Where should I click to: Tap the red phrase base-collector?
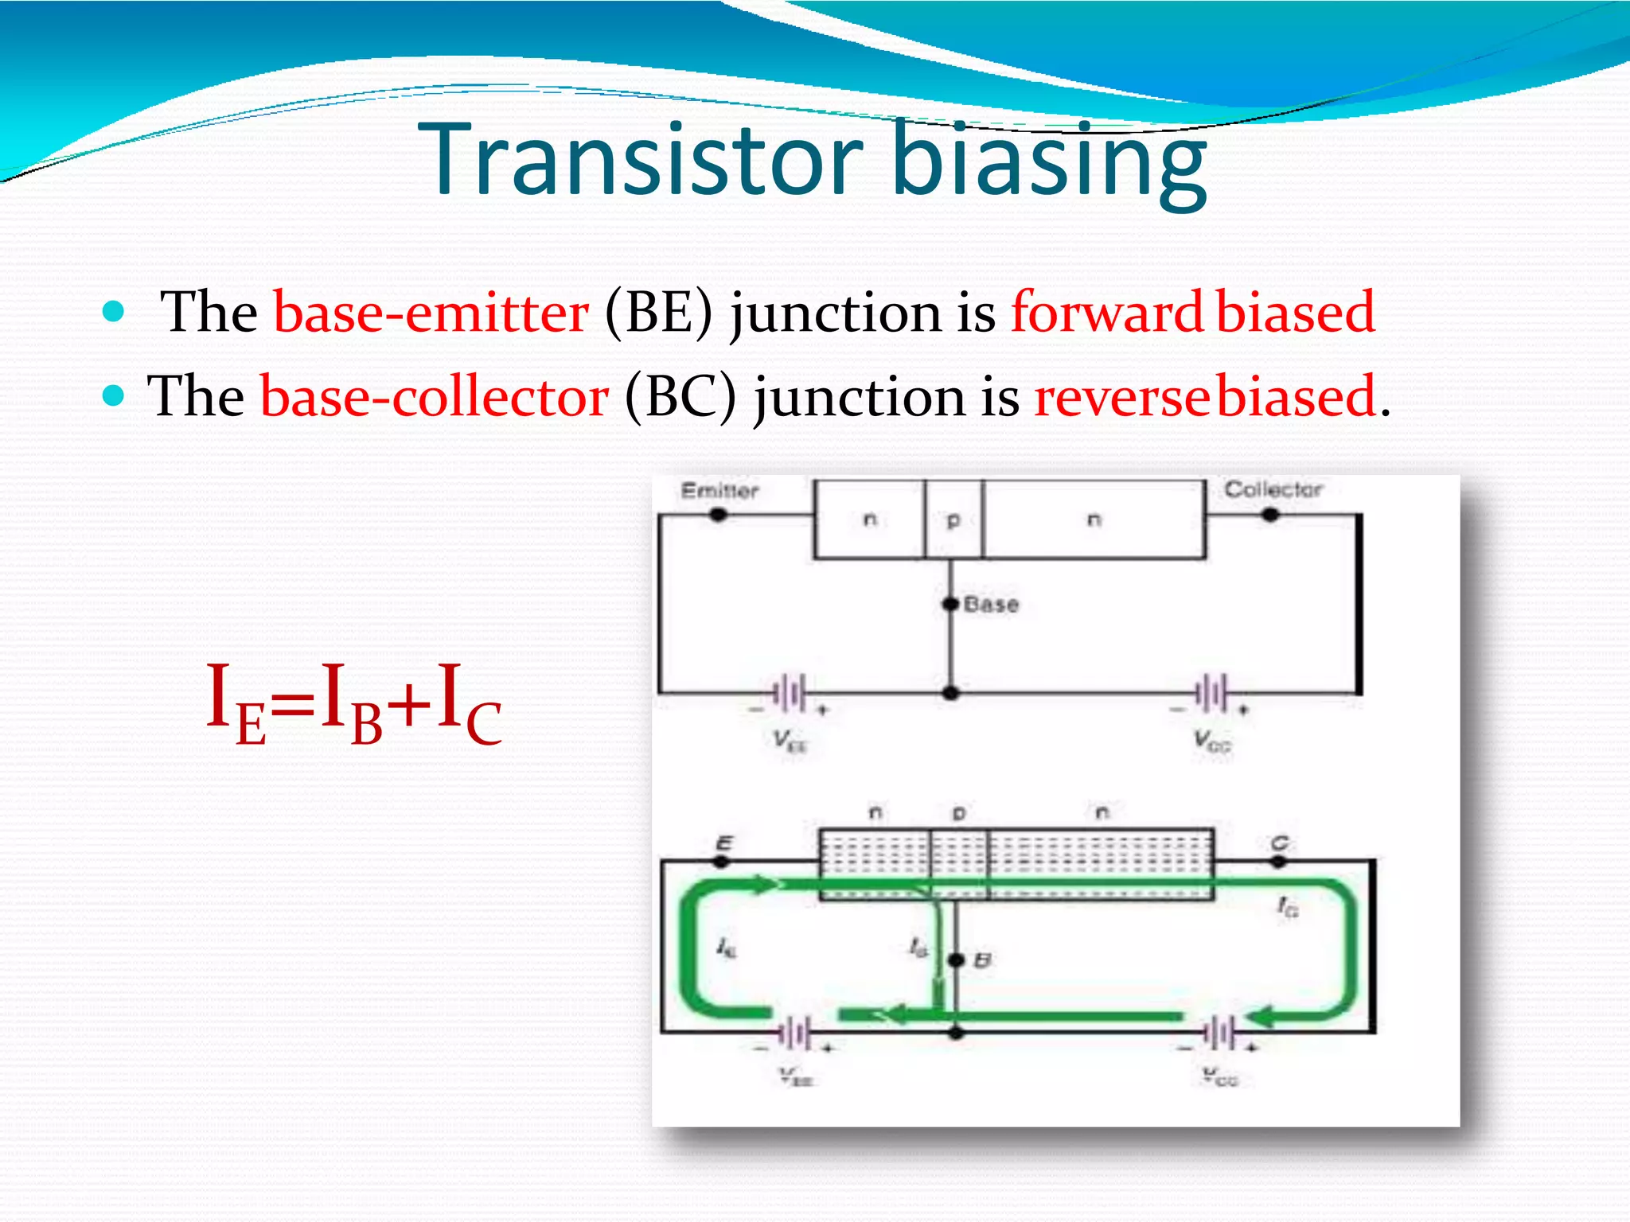tap(435, 396)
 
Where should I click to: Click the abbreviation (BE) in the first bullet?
tap(657, 312)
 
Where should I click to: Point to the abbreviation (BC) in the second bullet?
tap(680, 396)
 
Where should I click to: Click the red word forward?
tap(1106, 312)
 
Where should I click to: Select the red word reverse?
tap(1124, 396)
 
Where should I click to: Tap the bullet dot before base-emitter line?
tap(114, 311)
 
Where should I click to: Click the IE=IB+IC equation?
tap(353, 703)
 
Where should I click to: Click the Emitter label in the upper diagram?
tap(719, 490)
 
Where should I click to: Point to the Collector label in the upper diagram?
tap(1273, 489)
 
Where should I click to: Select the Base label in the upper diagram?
tap(991, 605)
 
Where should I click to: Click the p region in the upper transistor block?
tap(953, 520)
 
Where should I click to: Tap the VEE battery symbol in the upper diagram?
tap(790, 693)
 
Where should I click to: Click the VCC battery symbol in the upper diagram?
tap(1211, 693)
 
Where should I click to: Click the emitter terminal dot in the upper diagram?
tap(719, 515)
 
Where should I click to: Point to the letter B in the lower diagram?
tap(983, 961)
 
